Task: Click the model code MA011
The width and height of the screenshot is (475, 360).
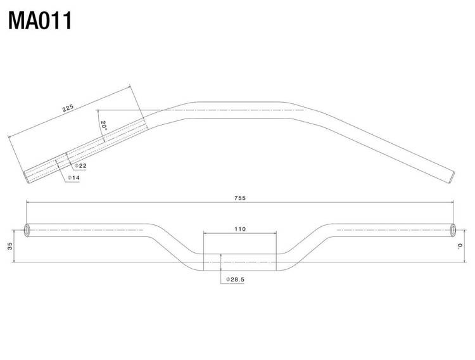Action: [40, 21]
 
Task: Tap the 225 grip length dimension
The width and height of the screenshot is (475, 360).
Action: [68, 108]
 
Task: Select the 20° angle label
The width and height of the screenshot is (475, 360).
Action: [104, 125]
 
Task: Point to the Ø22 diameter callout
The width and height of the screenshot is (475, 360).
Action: [80, 166]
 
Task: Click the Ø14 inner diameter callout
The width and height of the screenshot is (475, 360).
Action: [73, 177]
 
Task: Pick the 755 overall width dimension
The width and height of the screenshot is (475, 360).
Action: [240, 198]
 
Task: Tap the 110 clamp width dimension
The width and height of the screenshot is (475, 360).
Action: [240, 229]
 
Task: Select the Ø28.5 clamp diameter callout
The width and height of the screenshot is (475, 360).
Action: [235, 280]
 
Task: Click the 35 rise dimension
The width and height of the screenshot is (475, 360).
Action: [11, 246]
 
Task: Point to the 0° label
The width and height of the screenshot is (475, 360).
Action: [460, 246]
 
